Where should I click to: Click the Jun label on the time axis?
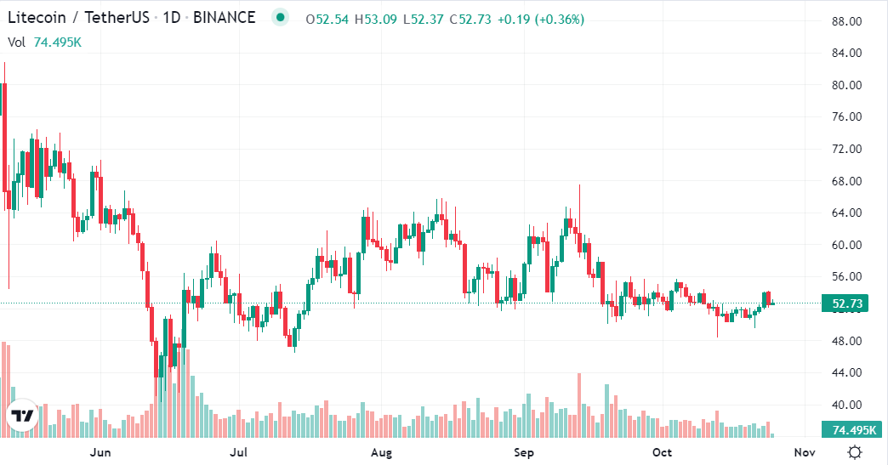click(100, 452)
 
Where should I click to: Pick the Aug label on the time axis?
click(381, 452)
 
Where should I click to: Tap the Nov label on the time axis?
click(804, 452)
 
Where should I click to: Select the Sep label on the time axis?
click(524, 452)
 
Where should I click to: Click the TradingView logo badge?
click(23, 417)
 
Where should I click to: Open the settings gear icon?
click(855, 451)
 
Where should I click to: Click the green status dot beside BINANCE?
click(279, 18)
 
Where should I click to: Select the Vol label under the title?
click(17, 42)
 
